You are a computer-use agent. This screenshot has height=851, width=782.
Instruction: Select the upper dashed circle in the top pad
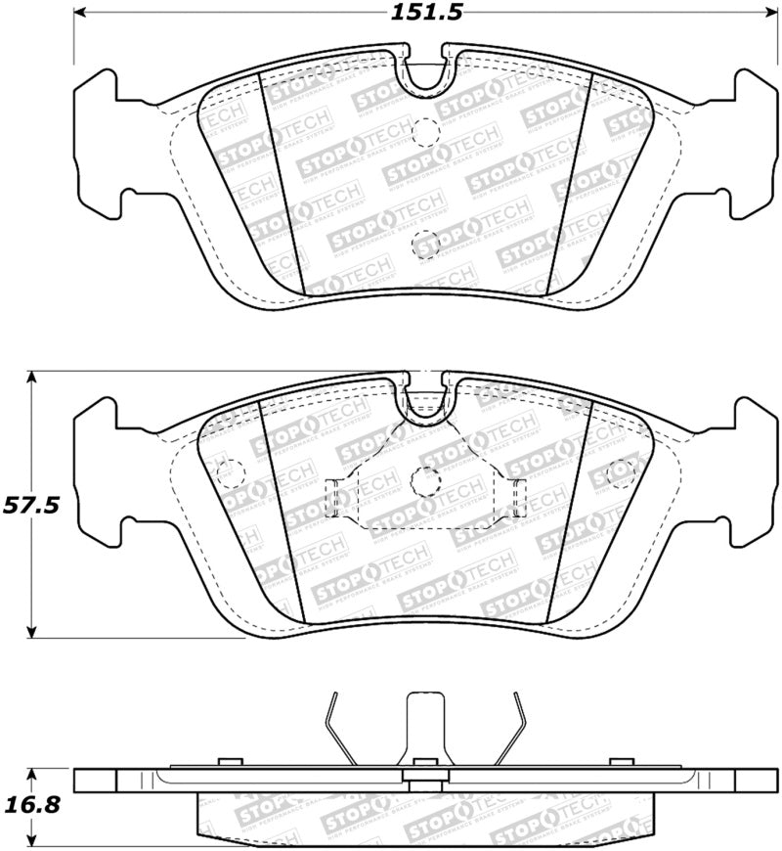pos(425,130)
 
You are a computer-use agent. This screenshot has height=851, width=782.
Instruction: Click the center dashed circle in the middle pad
pos(425,479)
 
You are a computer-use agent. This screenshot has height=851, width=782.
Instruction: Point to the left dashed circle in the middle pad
pos(229,474)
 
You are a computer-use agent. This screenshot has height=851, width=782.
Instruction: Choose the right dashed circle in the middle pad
pos(620,473)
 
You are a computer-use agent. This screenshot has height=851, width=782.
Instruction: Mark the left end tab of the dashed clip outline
pos(332,498)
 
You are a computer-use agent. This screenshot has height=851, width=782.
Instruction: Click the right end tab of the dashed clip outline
pos(517,498)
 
